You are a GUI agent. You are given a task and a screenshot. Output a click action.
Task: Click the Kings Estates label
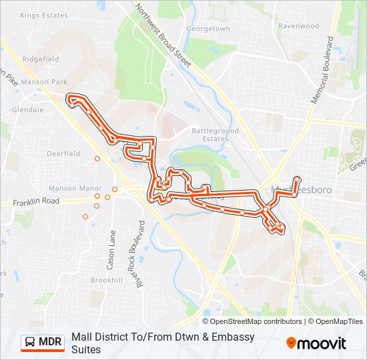tap(45, 15)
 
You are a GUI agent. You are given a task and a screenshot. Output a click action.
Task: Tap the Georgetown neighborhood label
tap(208, 29)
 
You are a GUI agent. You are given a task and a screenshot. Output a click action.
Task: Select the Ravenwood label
tap(298, 26)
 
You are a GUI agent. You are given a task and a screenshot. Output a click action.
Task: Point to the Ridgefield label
tap(41, 59)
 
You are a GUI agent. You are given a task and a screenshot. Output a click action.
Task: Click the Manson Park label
tap(44, 82)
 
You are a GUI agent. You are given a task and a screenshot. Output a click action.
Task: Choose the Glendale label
tap(27, 109)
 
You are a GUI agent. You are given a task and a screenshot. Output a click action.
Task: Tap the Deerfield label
tap(63, 153)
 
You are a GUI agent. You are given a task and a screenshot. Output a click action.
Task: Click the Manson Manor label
tap(75, 189)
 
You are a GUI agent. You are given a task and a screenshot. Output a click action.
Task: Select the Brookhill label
tap(106, 281)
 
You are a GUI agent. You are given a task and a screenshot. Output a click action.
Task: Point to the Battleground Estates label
tap(215, 135)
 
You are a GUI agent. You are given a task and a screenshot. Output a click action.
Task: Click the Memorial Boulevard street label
tap(324, 70)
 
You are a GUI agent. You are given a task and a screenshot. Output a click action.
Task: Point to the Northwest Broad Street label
tap(163, 35)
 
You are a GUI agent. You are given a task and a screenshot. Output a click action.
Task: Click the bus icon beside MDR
tap(30, 343)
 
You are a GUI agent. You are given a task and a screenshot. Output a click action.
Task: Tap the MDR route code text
tap(50, 343)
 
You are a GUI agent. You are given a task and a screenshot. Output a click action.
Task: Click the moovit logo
tap(316, 343)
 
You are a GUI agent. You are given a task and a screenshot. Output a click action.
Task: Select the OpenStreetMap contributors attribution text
tap(252, 321)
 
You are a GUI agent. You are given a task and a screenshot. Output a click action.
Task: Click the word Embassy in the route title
tap(234, 337)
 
